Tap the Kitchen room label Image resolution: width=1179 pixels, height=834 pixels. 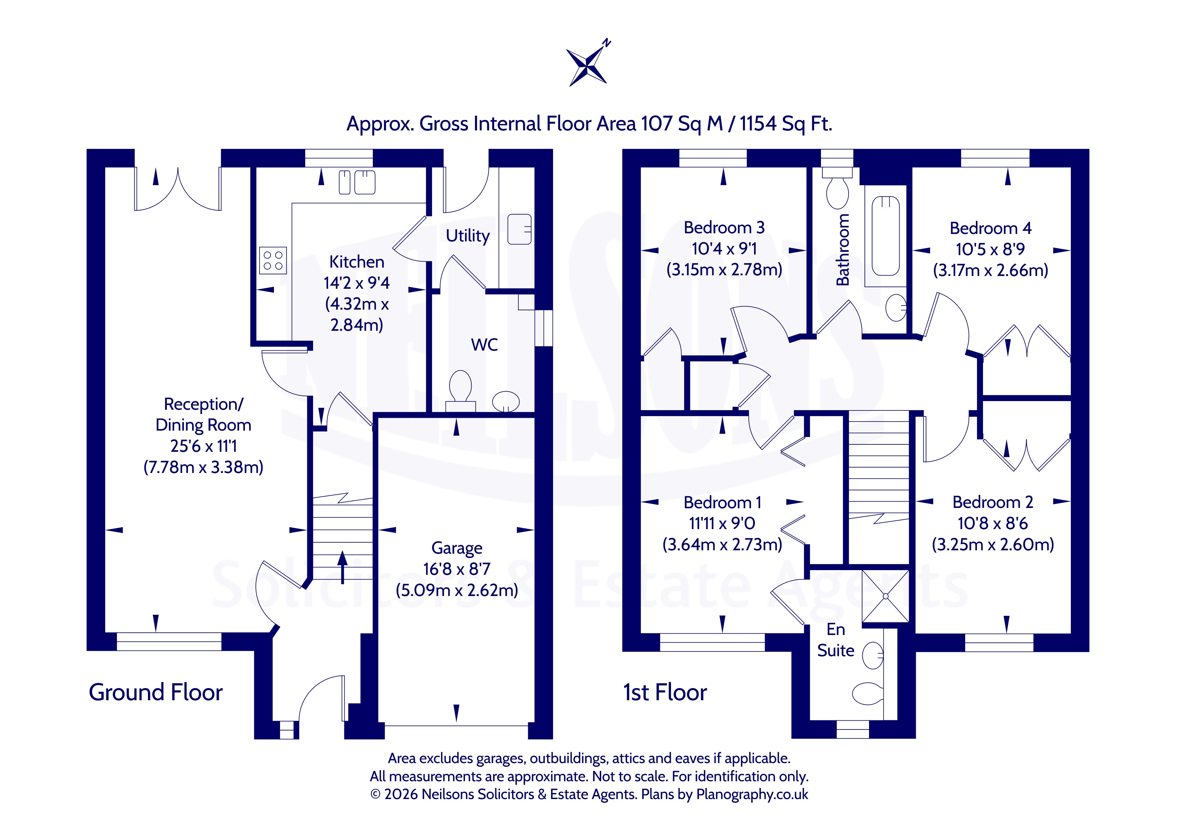pyautogui.click(x=356, y=262)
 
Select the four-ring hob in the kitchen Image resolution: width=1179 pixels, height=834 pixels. pyautogui.click(x=273, y=261)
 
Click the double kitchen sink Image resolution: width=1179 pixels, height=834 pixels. pyautogui.click(x=357, y=182)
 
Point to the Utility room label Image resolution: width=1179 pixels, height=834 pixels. pyautogui.click(x=467, y=236)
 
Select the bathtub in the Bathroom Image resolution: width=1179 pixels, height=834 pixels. pyautogui.click(x=885, y=236)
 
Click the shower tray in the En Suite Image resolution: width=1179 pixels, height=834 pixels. pyautogui.click(x=885, y=596)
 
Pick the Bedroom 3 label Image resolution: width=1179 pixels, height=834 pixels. pyautogui.click(x=724, y=228)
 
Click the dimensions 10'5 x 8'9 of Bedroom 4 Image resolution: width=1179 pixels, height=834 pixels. pyautogui.click(x=990, y=249)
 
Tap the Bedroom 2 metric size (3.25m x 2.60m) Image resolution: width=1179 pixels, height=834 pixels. pyautogui.click(x=993, y=544)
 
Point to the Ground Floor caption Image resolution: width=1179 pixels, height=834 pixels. pyautogui.click(x=156, y=692)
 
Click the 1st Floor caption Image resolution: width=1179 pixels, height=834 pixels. pyautogui.click(x=665, y=692)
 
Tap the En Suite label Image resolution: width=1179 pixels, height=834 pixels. pyautogui.click(x=835, y=640)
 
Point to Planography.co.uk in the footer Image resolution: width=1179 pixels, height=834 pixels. pyautogui.click(x=752, y=794)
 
